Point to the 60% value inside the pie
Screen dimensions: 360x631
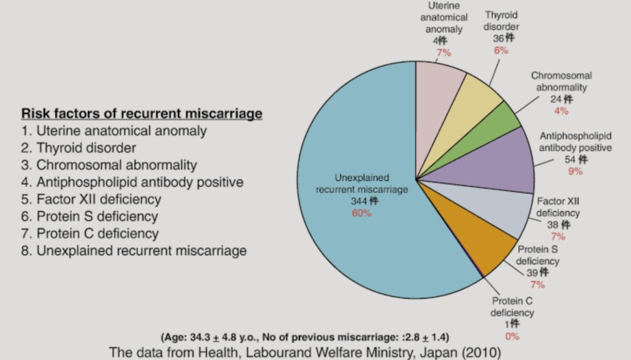362,213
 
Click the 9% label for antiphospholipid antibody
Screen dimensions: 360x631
575,171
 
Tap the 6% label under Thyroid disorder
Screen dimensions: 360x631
501,50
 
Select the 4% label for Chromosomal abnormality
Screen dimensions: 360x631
561,111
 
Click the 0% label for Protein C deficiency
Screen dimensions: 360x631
512,336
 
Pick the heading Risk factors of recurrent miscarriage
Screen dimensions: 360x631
142,114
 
